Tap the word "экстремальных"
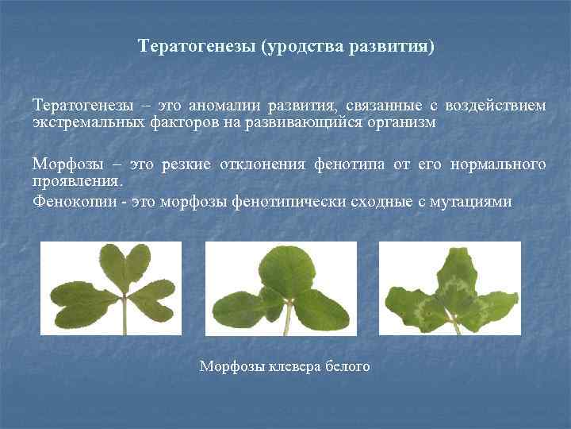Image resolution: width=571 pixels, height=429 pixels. [89, 123]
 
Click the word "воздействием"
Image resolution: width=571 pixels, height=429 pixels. [495, 106]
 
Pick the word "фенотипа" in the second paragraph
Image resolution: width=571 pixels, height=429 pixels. [351, 164]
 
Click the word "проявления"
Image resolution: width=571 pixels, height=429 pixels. [77, 180]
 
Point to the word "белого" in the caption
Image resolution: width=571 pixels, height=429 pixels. [348, 366]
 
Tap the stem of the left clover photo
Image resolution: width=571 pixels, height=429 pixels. [125, 317]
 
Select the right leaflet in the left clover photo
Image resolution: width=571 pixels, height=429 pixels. [155, 301]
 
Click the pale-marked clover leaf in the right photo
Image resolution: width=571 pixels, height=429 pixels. [450, 294]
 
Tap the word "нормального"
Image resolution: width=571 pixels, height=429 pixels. [498, 164]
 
